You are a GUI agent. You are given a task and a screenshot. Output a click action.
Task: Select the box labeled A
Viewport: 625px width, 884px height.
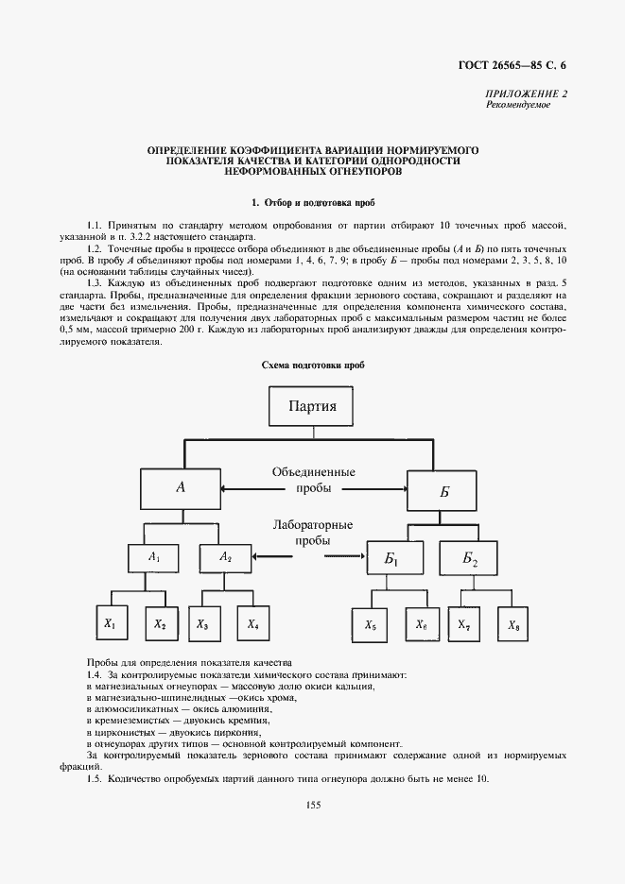click(x=180, y=488)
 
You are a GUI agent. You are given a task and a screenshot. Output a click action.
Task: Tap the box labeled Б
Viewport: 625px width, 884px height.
click(x=444, y=492)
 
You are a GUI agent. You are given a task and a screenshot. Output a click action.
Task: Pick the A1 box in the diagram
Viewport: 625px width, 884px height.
click(x=154, y=558)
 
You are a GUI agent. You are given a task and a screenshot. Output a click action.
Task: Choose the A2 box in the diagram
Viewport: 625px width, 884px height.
click(x=226, y=558)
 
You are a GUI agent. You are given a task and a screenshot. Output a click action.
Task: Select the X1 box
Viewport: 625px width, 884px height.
click(x=110, y=624)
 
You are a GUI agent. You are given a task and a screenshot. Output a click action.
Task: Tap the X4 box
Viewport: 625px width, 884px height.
click(x=253, y=624)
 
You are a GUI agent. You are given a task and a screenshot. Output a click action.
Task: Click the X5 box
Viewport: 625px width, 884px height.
click(x=370, y=624)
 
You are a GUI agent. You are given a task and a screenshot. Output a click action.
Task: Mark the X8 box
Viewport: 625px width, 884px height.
click(x=512, y=624)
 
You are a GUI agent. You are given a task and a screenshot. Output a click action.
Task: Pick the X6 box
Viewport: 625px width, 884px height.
click(x=422, y=624)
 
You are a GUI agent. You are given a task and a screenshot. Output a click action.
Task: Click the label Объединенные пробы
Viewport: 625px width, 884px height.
click(x=313, y=480)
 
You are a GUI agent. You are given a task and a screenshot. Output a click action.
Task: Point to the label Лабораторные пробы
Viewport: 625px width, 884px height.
click(x=312, y=533)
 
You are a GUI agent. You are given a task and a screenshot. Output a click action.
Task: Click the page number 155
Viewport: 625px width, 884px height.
click(x=313, y=805)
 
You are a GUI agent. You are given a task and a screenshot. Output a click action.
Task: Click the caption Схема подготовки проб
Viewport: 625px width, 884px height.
click(x=313, y=365)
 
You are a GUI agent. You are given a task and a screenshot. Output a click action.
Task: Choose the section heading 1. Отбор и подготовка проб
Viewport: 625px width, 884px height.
click(x=313, y=203)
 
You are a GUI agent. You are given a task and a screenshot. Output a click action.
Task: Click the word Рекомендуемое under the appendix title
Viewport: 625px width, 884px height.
click(x=518, y=105)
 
